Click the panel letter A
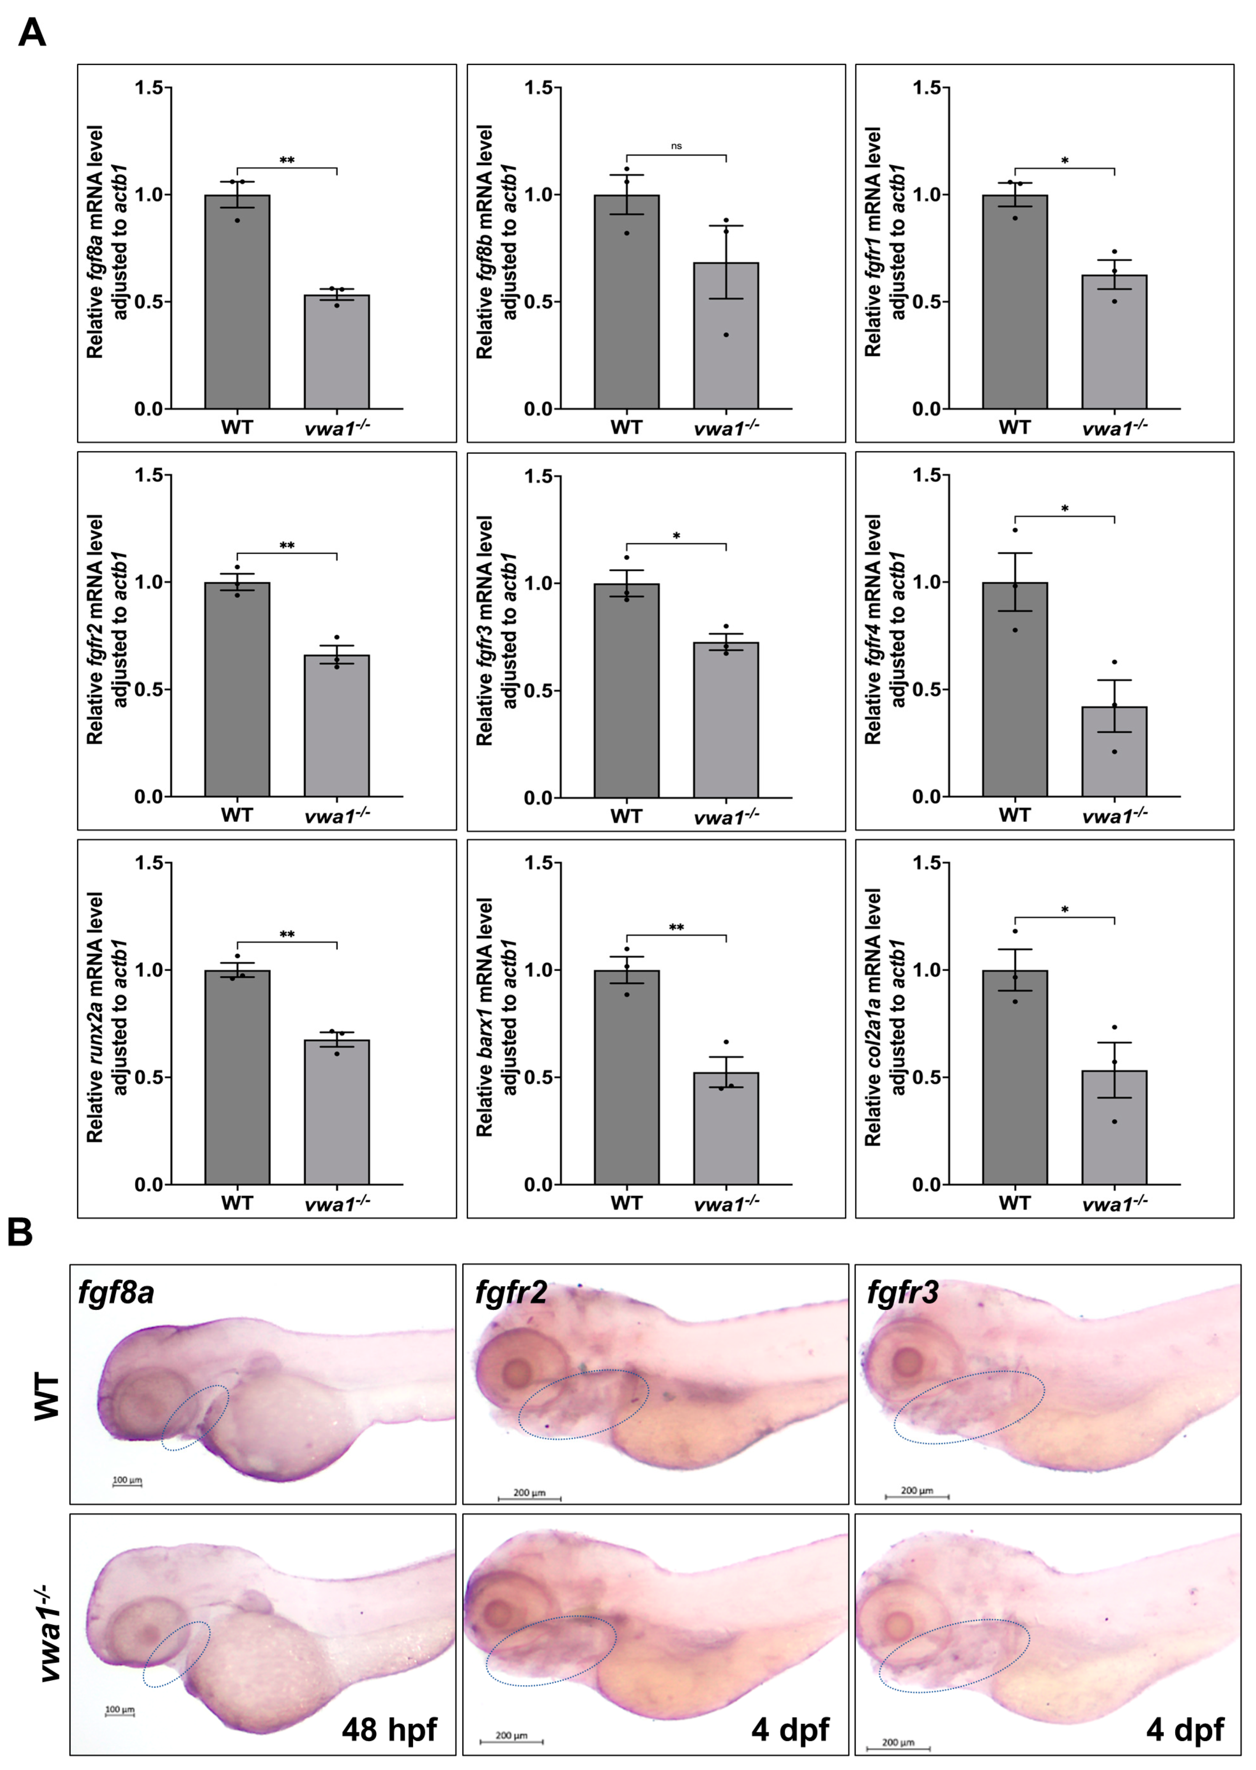[31, 32]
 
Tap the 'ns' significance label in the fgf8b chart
[676, 146]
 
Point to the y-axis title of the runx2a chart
[106, 1017]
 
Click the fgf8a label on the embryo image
[116, 1292]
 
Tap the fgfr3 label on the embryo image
[903, 1292]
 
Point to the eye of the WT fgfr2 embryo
[517, 1374]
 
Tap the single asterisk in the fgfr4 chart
[1064, 509]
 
